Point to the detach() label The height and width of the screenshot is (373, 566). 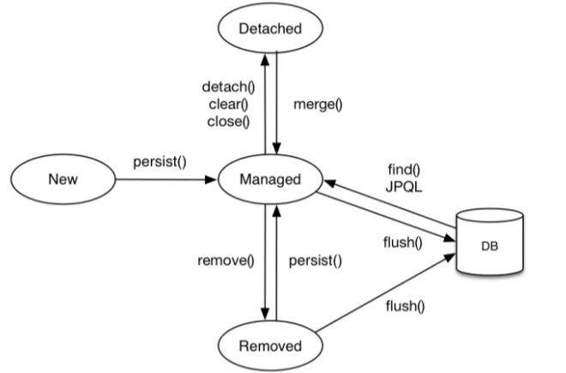point(228,87)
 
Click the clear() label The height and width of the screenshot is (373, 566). point(228,105)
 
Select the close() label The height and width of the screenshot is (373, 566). point(228,122)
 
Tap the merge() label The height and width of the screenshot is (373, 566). point(318,105)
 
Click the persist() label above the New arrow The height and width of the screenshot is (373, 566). point(160,162)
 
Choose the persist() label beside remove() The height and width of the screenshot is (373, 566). point(316,261)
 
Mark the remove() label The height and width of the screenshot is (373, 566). point(226,261)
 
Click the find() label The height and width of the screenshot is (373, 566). point(404,169)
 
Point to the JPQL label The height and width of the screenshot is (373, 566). point(404,187)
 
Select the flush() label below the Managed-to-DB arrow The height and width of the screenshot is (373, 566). point(403,243)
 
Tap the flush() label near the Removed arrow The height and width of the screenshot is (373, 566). point(406,306)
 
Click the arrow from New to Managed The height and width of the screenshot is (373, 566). point(166,179)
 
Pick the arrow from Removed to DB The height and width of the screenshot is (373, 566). point(386,293)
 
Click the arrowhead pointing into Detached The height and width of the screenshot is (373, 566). point(265,59)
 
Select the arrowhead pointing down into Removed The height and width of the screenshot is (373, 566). point(265,314)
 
